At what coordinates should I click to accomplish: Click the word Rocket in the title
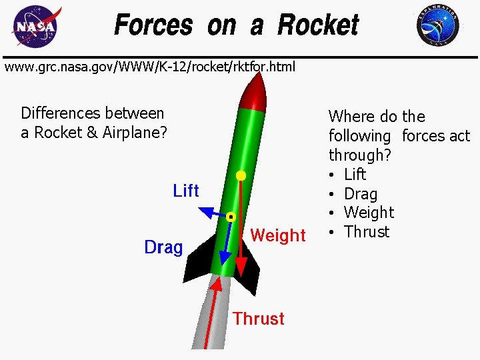coord(318,25)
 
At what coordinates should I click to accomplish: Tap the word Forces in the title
coord(153,25)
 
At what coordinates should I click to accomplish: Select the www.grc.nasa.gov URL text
coord(150,67)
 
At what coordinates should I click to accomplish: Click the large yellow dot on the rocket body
coord(241,176)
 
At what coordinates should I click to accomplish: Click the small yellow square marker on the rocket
coord(231,217)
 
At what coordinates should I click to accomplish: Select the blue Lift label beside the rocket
coord(186,191)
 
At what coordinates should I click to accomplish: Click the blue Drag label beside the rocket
coord(163,248)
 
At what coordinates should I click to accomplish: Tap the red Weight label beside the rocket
coord(278,235)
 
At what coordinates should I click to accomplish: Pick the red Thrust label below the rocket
coord(259,319)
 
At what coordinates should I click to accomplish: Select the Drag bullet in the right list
coord(361,194)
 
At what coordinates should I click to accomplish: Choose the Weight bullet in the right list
coord(369,213)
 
